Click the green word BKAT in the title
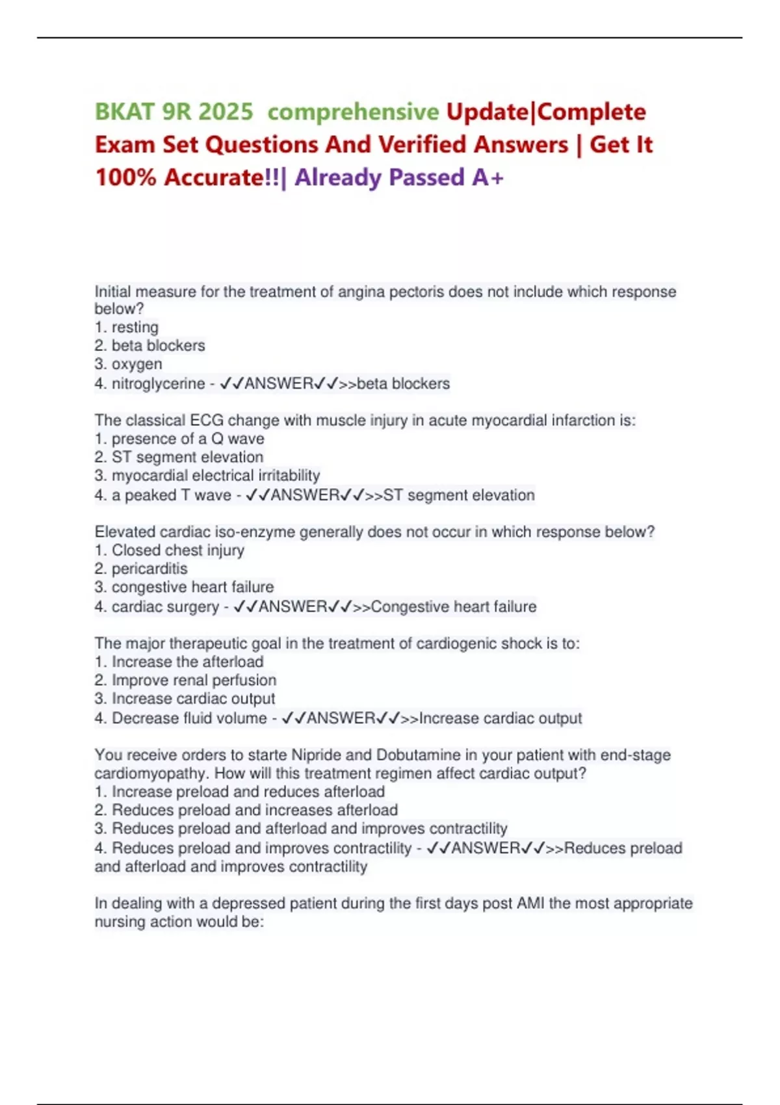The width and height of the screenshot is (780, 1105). (123, 112)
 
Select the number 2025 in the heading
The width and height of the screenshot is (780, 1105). (226, 112)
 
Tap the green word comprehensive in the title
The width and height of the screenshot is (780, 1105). (353, 112)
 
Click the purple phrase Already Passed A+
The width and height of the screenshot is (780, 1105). (399, 177)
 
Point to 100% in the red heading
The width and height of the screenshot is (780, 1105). (125, 177)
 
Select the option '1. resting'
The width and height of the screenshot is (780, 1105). (127, 327)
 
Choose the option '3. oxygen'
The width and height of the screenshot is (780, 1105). (129, 364)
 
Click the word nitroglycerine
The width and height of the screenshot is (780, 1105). (158, 383)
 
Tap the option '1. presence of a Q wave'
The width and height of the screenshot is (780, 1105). (179, 439)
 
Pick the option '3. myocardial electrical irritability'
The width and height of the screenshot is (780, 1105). (207, 475)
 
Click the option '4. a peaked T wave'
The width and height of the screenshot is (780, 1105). (162, 495)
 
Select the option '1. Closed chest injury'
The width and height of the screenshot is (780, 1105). (170, 550)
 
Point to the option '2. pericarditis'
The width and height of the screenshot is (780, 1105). (141, 569)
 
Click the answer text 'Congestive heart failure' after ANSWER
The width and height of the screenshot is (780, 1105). (454, 606)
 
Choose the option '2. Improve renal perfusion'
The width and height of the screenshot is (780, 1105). (185, 680)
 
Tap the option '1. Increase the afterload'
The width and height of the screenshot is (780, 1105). (179, 662)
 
